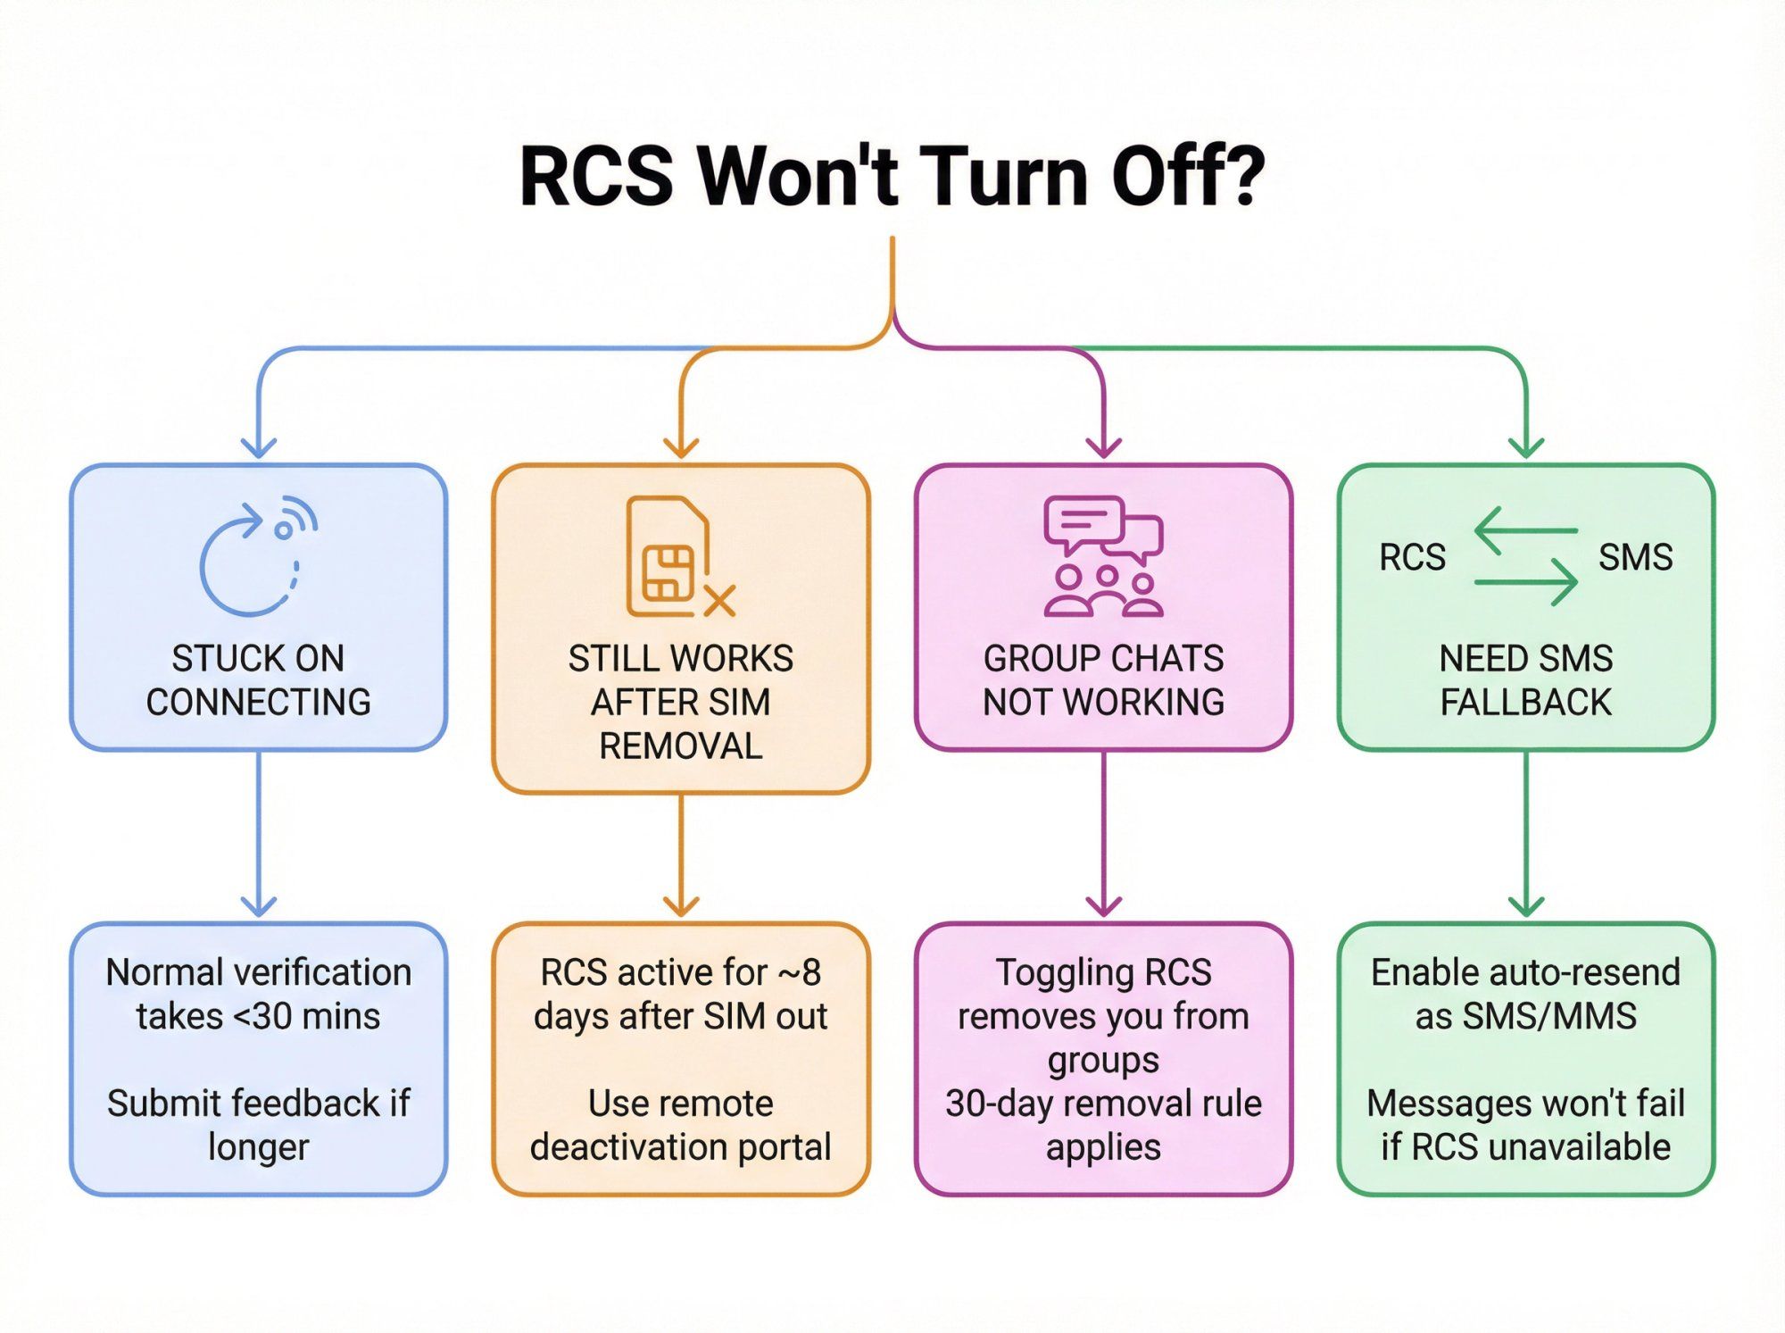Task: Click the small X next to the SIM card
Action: click(719, 601)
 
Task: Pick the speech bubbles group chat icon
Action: click(1104, 554)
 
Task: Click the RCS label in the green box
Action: click(1412, 557)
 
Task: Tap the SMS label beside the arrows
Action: click(1635, 557)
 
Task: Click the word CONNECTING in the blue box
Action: click(259, 703)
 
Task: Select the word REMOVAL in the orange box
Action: click(681, 746)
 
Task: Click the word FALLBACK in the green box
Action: click(1526, 703)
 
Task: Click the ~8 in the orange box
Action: click(800, 972)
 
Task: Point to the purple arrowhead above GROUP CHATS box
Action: click(1104, 446)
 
